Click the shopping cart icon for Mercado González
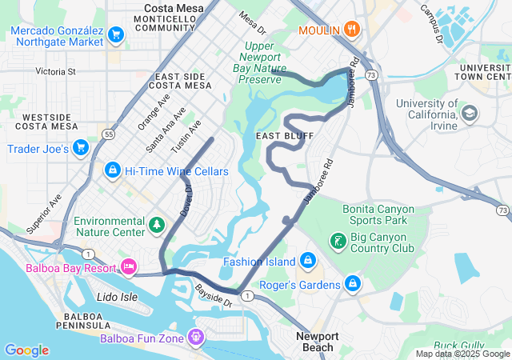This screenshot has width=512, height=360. (x=116, y=34)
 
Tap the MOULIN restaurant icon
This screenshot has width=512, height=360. (x=352, y=30)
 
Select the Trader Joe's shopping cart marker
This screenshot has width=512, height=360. (x=80, y=148)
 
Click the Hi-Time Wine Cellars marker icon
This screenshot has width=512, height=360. (x=113, y=170)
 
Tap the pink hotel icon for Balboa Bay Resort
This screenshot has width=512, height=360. (x=128, y=266)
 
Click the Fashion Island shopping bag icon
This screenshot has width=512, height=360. (x=307, y=261)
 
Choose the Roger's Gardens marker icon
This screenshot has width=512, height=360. (x=352, y=283)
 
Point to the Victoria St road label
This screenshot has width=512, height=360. (x=55, y=71)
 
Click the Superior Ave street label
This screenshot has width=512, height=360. (x=44, y=214)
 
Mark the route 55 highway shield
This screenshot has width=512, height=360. (x=108, y=134)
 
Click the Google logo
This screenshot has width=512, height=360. (x=26, y=350)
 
